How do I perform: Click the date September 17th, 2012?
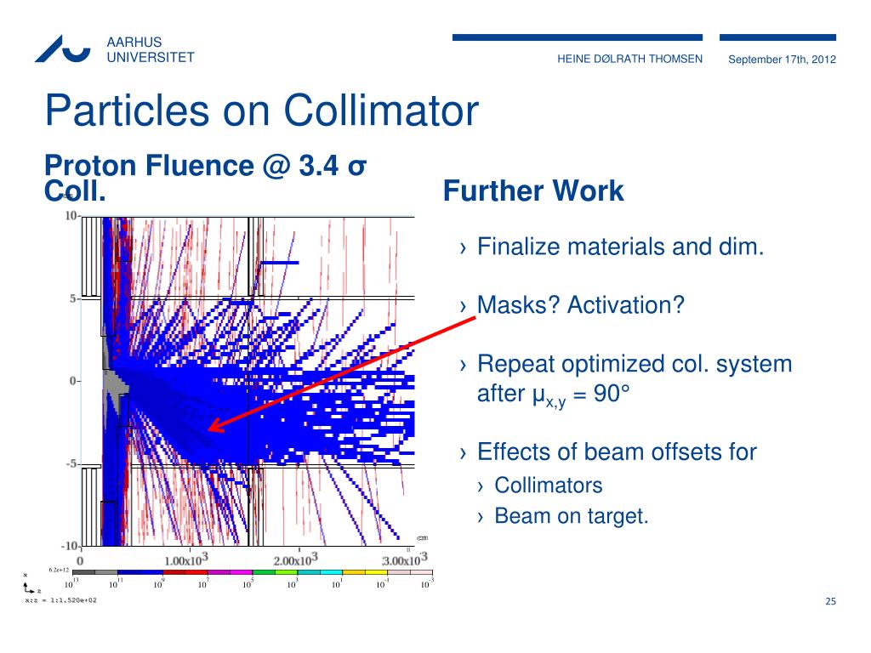(x=783, y=59)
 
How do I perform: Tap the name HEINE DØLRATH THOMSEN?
(x=629, y=59)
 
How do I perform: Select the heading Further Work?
(x=533, y=191)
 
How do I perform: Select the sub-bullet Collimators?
(x=549, y=485)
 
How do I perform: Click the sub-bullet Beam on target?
(x=572, y=515)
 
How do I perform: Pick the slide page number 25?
(x=831, y=602)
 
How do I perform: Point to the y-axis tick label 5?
(x=72, y=298)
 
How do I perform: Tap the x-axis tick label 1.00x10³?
(x=185, y=560)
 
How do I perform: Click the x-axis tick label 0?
(x=81, y=561)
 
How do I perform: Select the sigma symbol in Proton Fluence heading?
(x=357, y=166)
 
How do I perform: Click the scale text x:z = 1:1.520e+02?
(x=60, y=599)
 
